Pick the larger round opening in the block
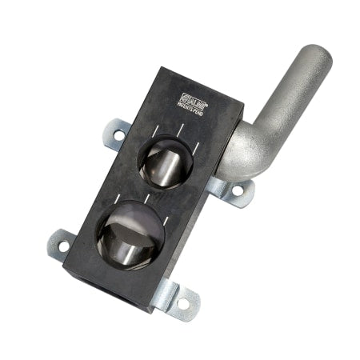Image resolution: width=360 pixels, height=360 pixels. (x=130, y=234)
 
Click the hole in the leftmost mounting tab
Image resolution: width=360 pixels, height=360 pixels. (x=63, y=238)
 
